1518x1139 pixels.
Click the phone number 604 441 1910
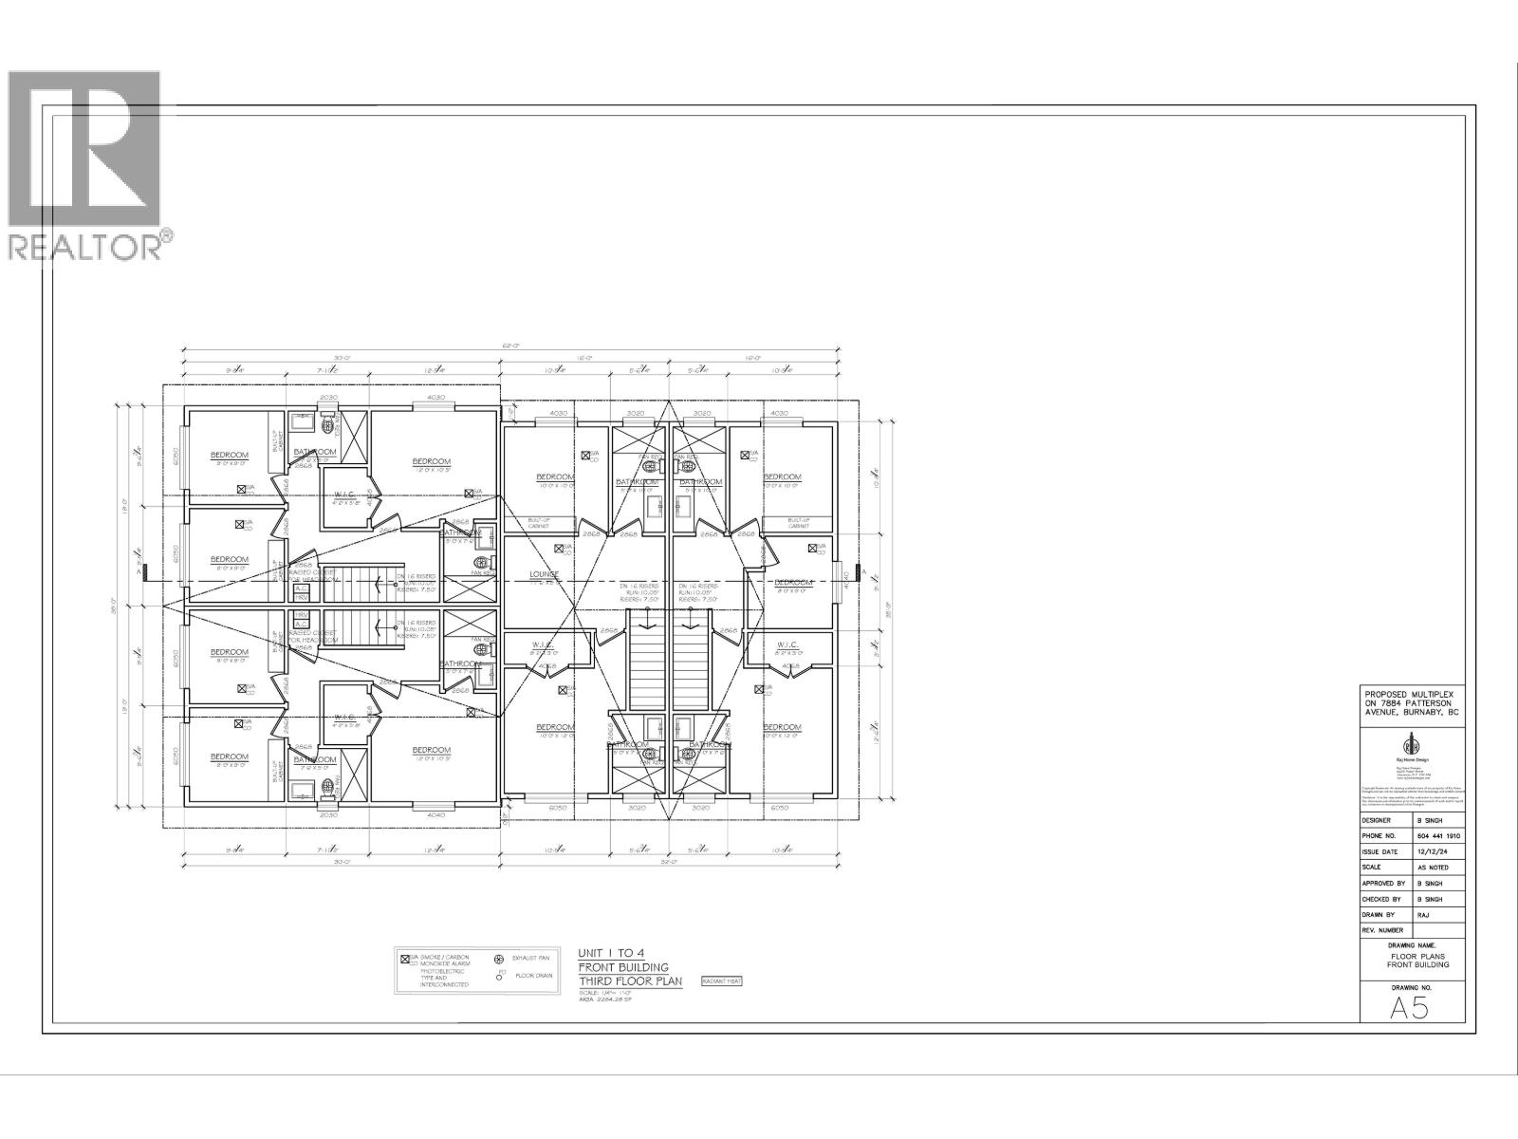(1439, 836)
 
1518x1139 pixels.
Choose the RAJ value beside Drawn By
(1423, 914)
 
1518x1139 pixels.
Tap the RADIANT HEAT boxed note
(721, 980)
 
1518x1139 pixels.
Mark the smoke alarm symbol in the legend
(404, 959)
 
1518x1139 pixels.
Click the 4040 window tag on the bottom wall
(436, 815)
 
